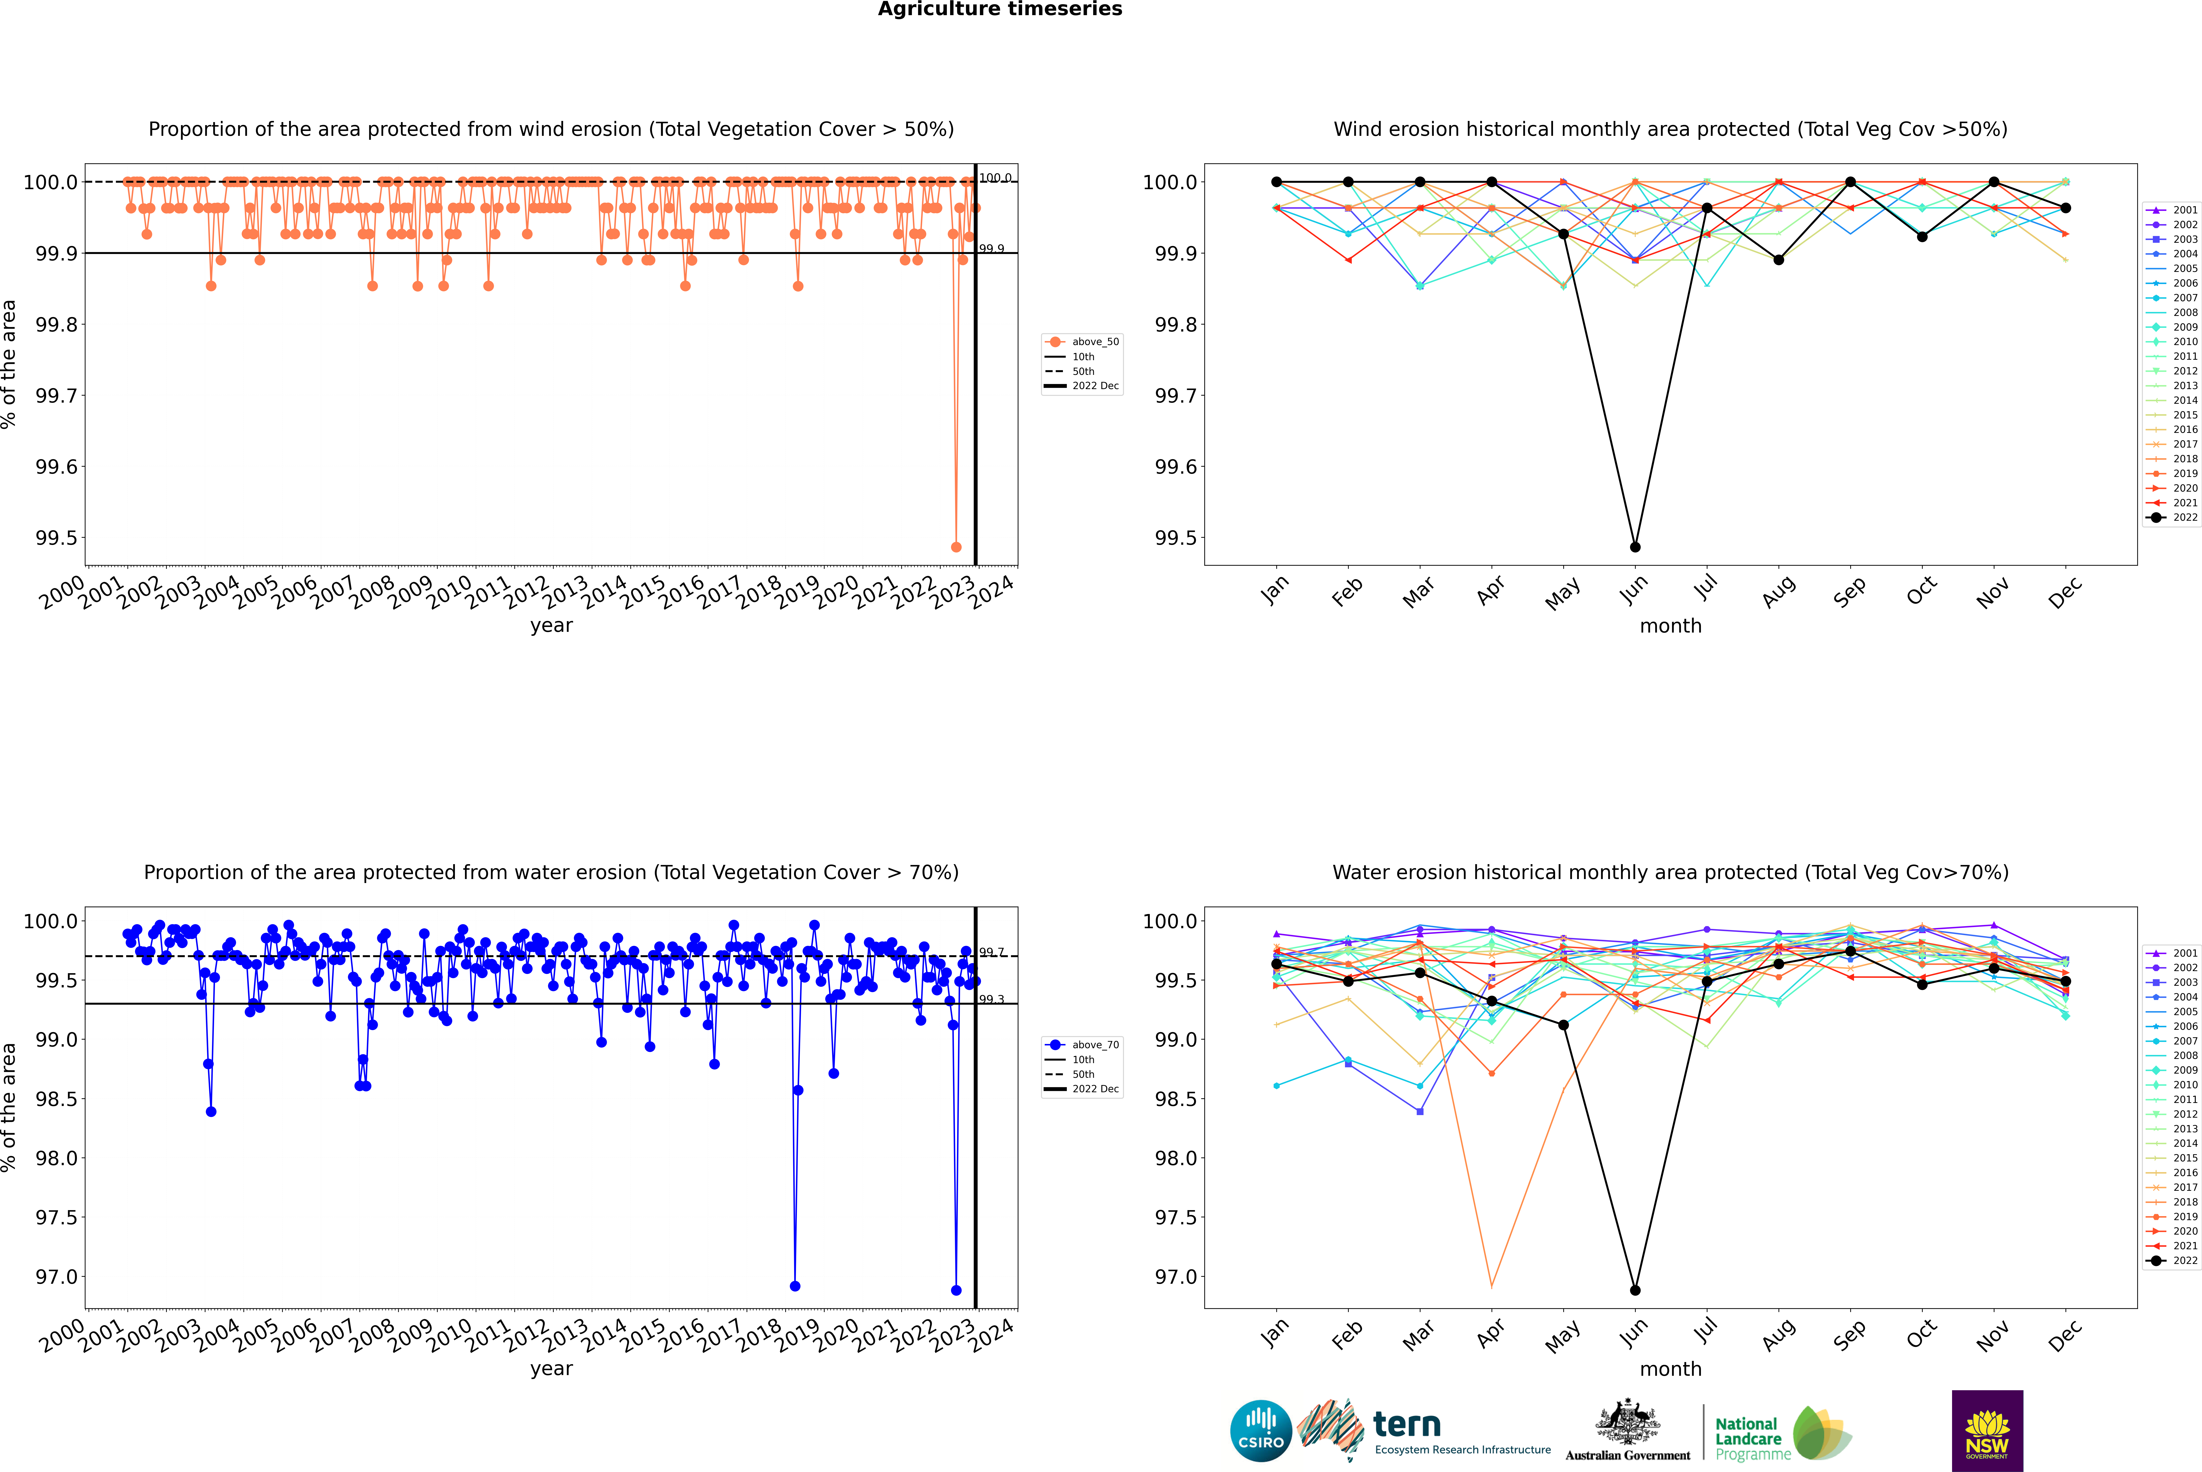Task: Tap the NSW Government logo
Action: point(1987,1431)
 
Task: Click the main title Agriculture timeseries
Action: point(1000,9)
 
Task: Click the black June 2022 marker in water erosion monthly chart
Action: point(1635,1290)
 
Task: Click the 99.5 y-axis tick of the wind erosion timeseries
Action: point(56,538)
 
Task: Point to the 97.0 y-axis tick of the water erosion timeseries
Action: point(56,1277)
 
